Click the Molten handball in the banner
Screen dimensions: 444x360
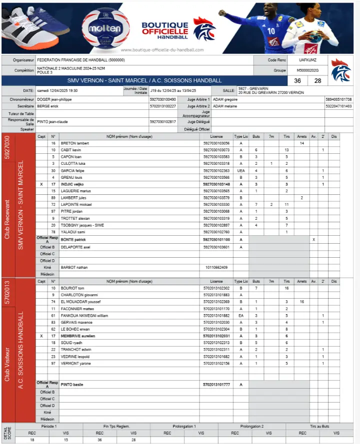click(x=105, y=29)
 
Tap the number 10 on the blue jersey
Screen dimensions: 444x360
click(x=271, y=31)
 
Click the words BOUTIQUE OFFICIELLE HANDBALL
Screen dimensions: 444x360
click(x=165, y=30)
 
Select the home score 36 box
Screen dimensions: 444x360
click(x=297, y=81)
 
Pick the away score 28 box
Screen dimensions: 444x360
click(x=318, y=81)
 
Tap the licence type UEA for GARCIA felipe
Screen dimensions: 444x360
click(x=240, y=171)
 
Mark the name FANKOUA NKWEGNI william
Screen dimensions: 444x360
click(x=84, y=316)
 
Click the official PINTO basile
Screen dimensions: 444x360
click(x=71, y=385)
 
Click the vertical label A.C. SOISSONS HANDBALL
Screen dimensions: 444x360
click(x=21, y=350)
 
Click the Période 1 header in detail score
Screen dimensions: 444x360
click(x=48, y=426)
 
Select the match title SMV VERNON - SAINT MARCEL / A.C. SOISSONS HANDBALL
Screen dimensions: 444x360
click(x=144, y=81)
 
